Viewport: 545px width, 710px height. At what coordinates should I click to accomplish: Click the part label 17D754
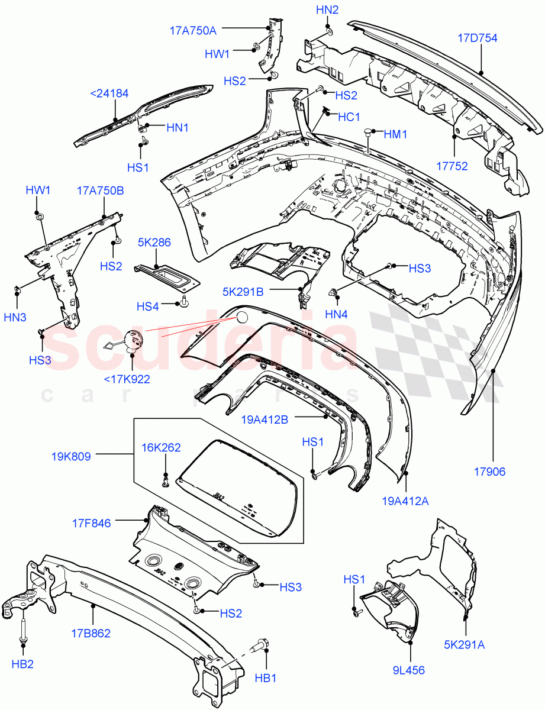point(477,38)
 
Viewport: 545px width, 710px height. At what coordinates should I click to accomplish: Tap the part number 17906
point(489,472)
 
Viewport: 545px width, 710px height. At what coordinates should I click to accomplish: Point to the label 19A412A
point(405,501)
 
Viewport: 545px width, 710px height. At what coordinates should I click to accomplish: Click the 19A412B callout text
point(265,419)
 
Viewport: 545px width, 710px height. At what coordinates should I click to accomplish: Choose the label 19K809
point(70,456)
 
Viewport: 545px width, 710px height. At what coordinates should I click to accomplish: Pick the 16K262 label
point(162,448)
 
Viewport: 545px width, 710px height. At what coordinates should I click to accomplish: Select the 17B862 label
point(91,633)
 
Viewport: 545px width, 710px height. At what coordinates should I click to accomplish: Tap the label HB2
point(22,664)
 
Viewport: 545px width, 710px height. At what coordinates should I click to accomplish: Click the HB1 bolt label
point(266,678)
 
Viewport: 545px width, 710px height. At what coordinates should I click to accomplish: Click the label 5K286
point(154,242)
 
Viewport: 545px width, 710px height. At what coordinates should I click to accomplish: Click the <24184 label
point(109,93)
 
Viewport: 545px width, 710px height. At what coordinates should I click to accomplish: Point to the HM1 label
point(396,134)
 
